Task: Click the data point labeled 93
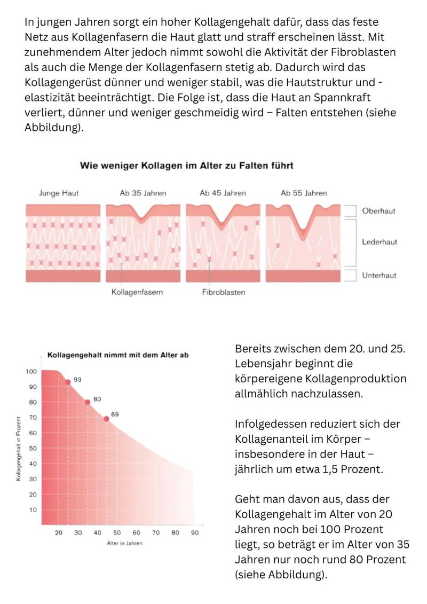pyautogui.click(x=68, y=382)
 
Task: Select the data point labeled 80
pyautogui.click(x=88, y=402)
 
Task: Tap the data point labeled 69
pyautogui.click(x=106, y=419)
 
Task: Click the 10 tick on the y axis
pyautogui.click(x=32, y=510)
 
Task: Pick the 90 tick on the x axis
pyautogui.click(x=195, y=533)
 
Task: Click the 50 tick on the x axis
pyautogui.click(x=117, y=533)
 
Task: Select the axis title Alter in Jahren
pyautogui.click(x=124, y=544)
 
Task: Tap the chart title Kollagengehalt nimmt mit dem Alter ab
pyautogui.click(x=118, y=355)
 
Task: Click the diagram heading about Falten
pyautogui.click(x=186, y=166)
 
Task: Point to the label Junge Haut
pyautogui.click(x=59, y=193)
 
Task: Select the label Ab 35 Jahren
pyautogui.click(x=143, y=193)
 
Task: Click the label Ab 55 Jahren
pyautogui.click(x=304, y=193)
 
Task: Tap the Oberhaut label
pyautogui.click(x=378, y=211)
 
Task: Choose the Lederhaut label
pyautogui.click(x=379, y=242)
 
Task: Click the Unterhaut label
pyautogui.click(x=379, y=276)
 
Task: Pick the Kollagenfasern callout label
pyautogui.click(x=137, y=292)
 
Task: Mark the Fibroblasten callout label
pyautogui.click(x=224, y=292)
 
